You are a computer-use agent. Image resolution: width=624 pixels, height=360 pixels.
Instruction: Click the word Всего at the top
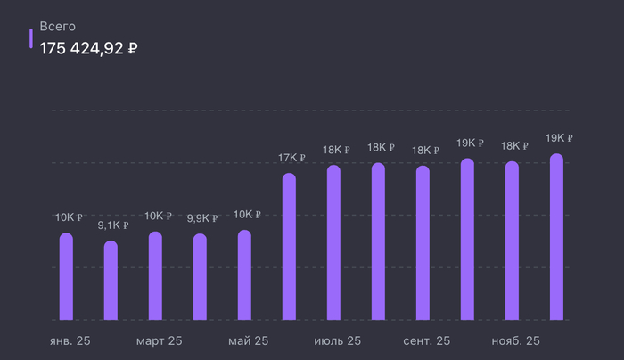(58, 27)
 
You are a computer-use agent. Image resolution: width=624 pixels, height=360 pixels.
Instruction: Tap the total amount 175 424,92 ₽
(88, 47)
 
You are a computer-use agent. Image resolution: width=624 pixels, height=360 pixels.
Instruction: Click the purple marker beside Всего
(32, 37)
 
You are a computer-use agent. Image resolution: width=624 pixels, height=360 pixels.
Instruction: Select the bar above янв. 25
(66, 276)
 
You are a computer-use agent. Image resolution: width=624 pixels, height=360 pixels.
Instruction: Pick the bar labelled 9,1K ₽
(111, 281)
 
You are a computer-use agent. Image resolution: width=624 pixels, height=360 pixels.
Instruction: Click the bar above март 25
(155, 276)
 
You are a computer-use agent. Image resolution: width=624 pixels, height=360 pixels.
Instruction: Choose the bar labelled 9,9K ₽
(200, 277)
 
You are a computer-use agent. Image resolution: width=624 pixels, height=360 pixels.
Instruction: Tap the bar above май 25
(244, 275)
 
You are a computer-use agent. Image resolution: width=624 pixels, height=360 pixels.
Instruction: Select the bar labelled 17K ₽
(289, 246)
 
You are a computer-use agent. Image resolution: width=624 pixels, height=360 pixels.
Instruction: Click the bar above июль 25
(333, 242)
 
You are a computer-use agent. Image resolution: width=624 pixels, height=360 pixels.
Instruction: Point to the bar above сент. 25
(423, 242)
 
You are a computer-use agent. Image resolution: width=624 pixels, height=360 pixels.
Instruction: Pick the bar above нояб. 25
(512, 241)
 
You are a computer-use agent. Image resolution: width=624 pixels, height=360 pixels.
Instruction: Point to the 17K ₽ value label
(291, 159)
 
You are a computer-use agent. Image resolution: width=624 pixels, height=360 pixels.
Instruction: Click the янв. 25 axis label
(70, 341)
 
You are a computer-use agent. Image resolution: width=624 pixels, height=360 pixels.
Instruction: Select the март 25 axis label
(160, 341)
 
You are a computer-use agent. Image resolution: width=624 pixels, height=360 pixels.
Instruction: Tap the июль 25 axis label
(338, 341)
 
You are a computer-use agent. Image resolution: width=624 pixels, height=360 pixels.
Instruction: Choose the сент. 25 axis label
(427, 341)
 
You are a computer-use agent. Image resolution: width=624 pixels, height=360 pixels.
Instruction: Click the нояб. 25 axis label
(516, 341)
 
